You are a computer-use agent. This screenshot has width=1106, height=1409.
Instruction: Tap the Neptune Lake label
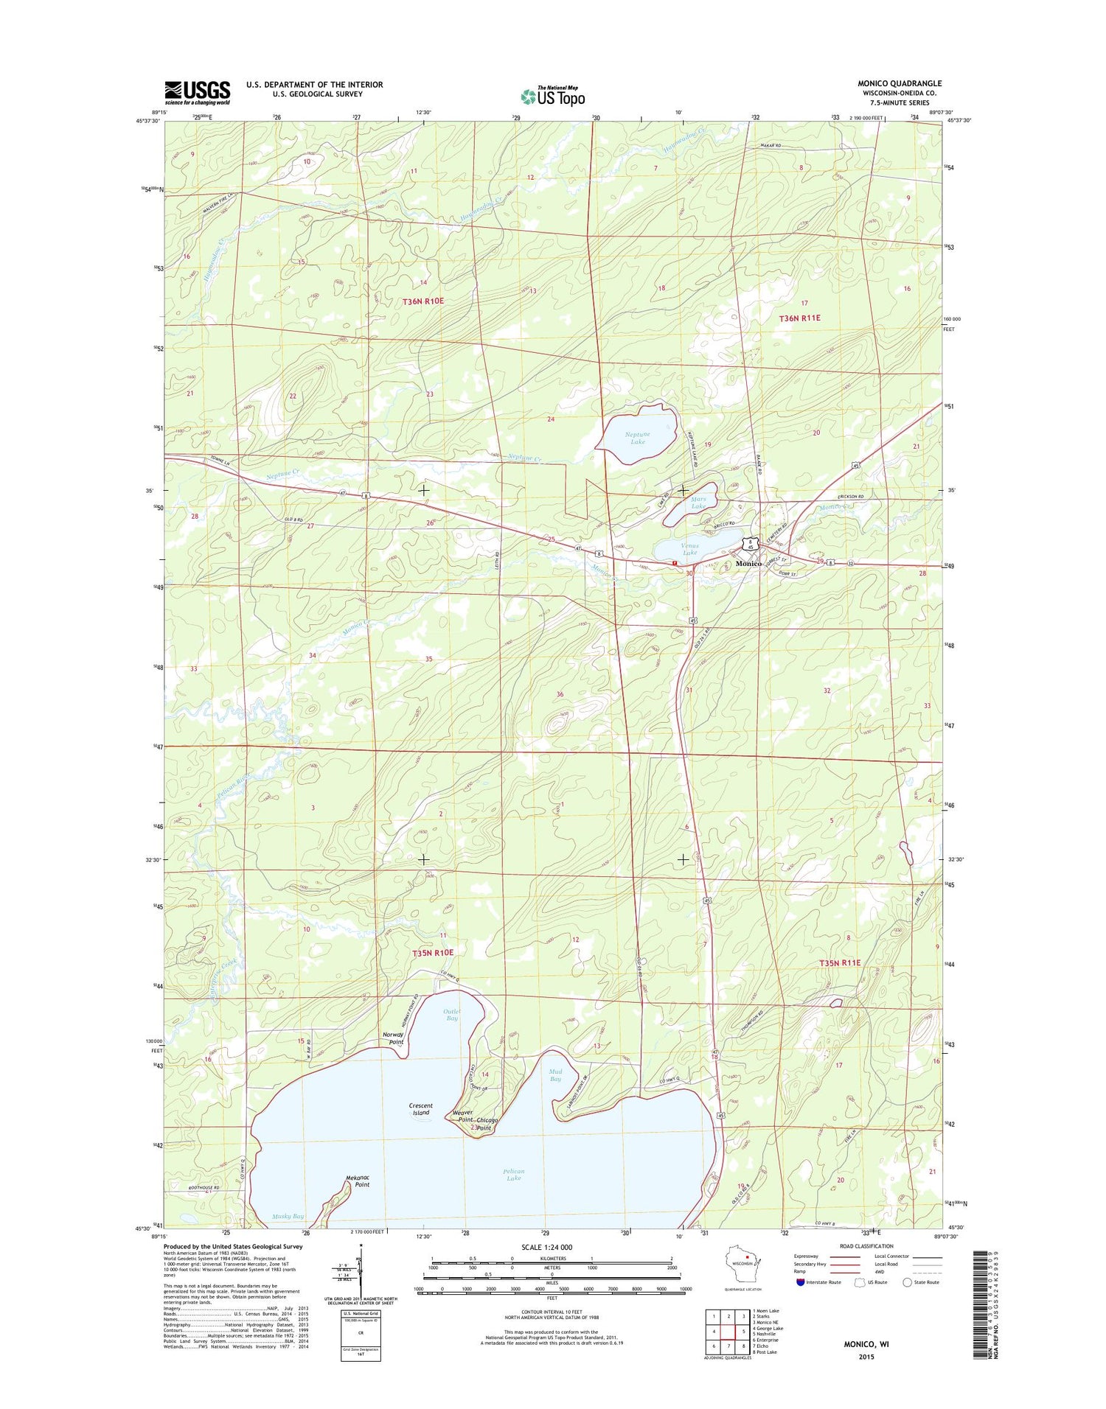click(637, 438)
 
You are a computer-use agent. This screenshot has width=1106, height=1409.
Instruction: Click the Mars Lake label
click(698, 503)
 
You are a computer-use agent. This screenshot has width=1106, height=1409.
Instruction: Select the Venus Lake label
click(689, 549)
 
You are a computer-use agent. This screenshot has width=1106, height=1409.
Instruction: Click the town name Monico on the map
click(748, 563)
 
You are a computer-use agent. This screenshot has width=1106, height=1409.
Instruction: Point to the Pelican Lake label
click(513, 1175)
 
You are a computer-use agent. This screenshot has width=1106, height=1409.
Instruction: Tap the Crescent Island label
click(420, 1109)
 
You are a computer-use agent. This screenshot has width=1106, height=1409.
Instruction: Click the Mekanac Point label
click(358, 1181)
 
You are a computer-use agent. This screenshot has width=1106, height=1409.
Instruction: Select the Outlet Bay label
click(452, 1015)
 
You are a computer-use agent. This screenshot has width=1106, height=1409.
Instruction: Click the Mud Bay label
click(555, 1075)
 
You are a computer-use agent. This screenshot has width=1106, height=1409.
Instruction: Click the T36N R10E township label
click(423, 301)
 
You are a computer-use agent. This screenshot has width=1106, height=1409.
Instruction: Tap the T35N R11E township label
click(840, 962)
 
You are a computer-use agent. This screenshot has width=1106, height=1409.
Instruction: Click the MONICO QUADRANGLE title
click(900, 83)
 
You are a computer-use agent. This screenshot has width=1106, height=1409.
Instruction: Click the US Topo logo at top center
click(553, 96)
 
